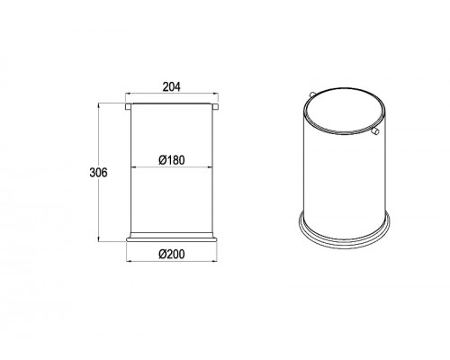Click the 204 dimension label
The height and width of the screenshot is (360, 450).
pos(172,86)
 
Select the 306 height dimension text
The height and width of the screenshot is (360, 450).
pos(98,173)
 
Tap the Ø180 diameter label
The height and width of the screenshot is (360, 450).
pos(172,160)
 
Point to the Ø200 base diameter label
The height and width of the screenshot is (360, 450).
pos(172,255)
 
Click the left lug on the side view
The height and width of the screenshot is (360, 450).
pos(128,106)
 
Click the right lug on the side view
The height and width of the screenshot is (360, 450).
pos(215,106)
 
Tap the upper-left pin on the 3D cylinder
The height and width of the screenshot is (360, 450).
pos(312,94)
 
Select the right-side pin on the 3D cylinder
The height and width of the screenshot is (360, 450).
pos(375,130)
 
